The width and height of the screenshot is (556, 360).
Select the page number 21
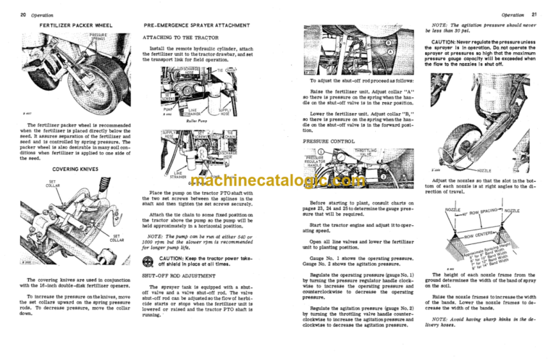click(541, 14)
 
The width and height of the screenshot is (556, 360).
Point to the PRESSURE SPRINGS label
click(98, 36)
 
